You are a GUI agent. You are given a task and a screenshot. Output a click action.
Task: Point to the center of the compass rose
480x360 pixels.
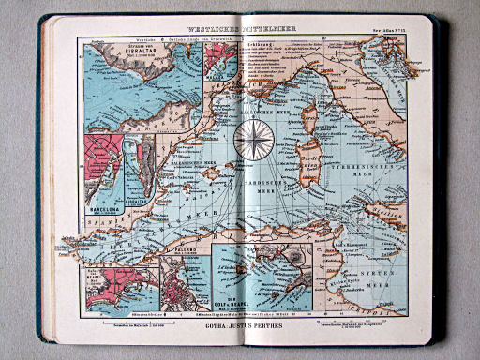(252, 139)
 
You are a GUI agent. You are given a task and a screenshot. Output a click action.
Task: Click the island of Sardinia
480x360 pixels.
(306, 164)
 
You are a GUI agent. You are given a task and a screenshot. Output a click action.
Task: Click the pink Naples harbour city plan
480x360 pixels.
(118, 288)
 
